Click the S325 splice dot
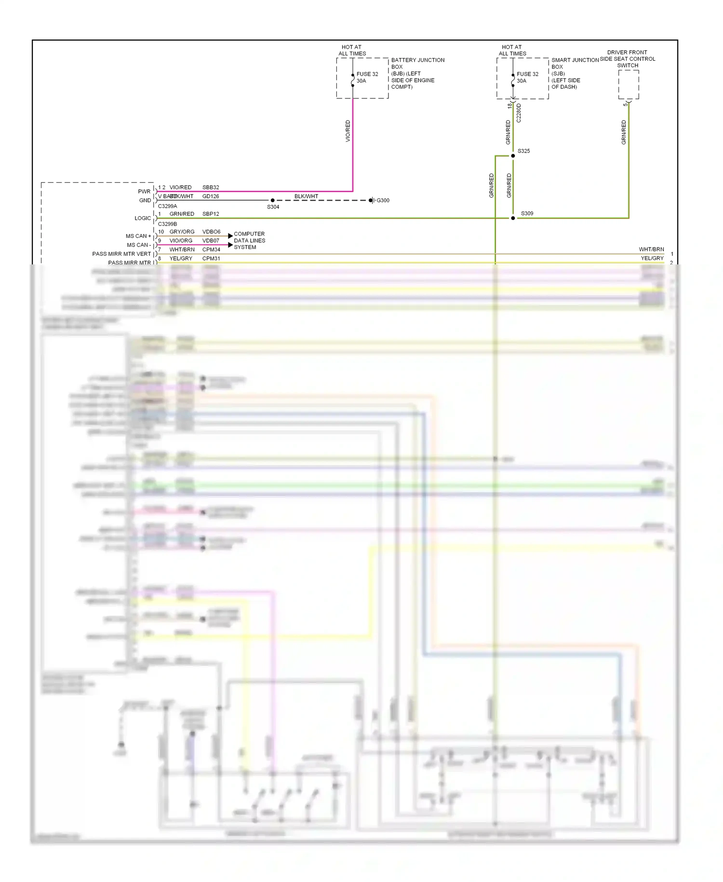tap(513, 156)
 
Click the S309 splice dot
tap(513, 218)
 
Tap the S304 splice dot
tap(273, 200)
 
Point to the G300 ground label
tap(383, 200)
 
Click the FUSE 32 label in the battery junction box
tap(367, 74)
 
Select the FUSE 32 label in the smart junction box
tap(527, 74)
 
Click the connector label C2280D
tap(519, 113)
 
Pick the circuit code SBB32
tap(211, 187)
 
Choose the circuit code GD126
tap(211, 196)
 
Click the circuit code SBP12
tap(211, 214)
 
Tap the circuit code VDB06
tap(211, 232)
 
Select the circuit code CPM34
tap(211, 249)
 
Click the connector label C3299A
tap(167, 206)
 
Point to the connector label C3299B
tap(167, 224)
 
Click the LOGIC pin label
tap(143, 218)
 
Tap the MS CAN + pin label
tap(138, 236)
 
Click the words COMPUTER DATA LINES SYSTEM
tap(249, 240)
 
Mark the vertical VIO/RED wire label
tap(348, 131)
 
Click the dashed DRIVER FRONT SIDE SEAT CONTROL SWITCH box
tap(629, 85)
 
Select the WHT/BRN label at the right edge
tap(651, 249)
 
